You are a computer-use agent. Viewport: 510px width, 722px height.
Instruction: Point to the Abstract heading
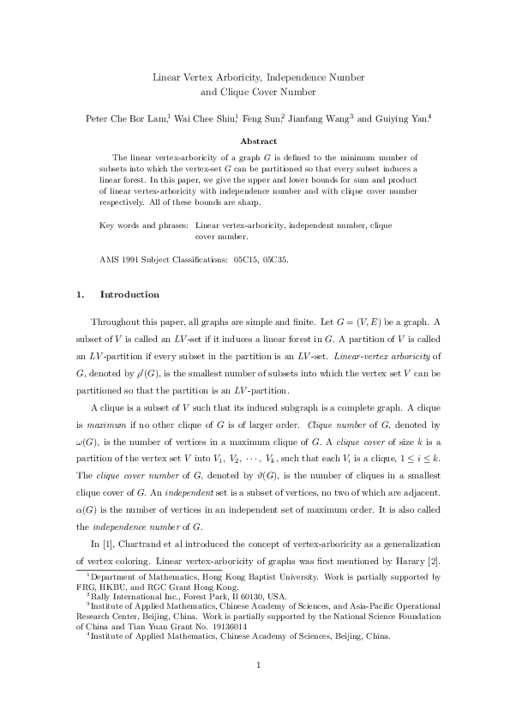(x=258, y=141)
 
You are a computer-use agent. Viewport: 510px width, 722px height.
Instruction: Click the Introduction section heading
(x=129, y=295)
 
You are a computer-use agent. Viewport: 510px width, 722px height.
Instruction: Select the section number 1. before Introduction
(x=80, y=295)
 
